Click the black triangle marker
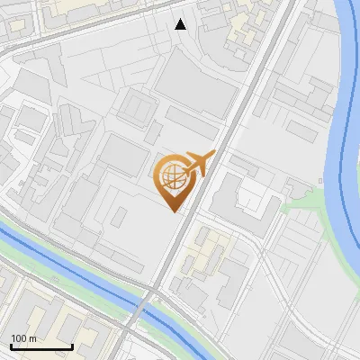click(x=181, y=24)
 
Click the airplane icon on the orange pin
click(x=196, y=165)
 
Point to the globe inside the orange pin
click(x=172, y=175)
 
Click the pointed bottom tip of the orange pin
click(x=173, y=210)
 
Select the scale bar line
click(x=41, y=347)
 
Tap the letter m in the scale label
click(x=32, y=338)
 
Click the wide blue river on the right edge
click(x=346, y=135)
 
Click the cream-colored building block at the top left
click(x=81, y=7)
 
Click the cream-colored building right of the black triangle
click(x=241, y=31)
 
